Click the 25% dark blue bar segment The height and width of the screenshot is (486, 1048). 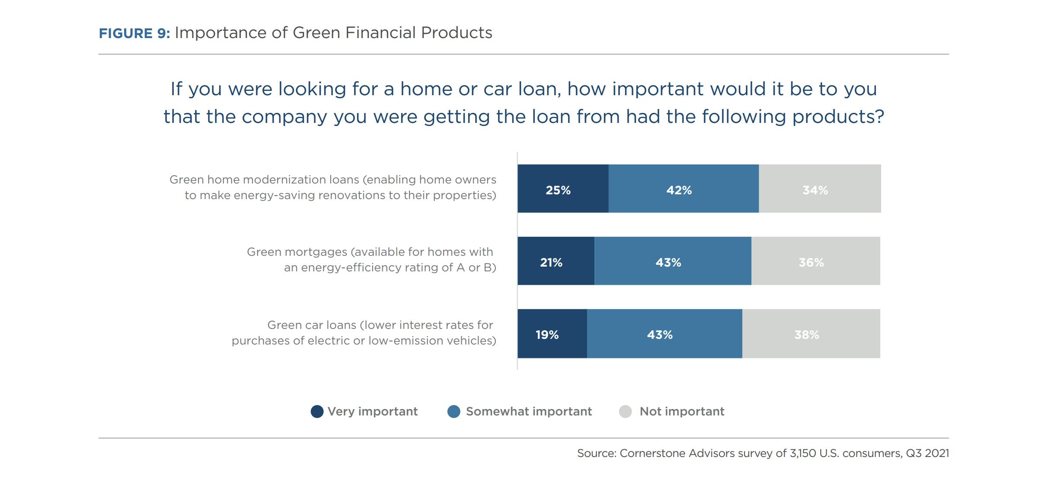(563, 189)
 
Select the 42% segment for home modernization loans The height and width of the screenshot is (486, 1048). (684, 189)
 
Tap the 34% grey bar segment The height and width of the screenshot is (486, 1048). (820, 189)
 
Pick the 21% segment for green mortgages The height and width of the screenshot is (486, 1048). (556, 261)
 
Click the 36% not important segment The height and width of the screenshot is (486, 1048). (816, 261)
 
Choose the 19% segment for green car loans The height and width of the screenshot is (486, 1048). (552, 334)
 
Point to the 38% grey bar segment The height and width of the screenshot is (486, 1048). (811, 334)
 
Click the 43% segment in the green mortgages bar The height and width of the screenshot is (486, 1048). (673, 261)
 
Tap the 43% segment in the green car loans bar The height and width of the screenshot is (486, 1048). (665, 334)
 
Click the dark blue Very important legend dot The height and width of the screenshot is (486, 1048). (317, 412)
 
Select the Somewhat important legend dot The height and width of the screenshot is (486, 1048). (454, 412)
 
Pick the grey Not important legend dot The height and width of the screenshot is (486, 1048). (625, 412)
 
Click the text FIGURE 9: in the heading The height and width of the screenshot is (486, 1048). (134, 33)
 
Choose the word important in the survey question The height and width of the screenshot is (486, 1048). (658, 90)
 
